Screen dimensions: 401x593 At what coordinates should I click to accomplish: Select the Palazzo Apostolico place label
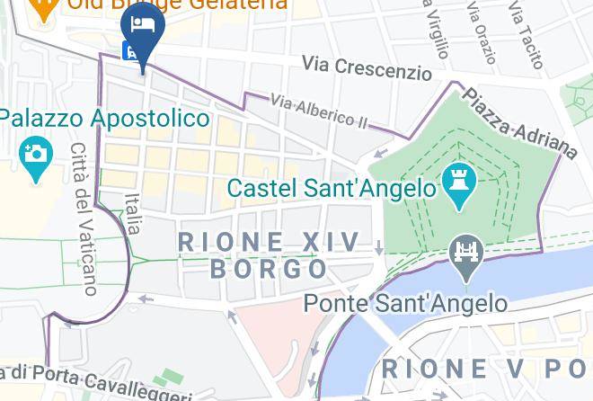pos(104,119)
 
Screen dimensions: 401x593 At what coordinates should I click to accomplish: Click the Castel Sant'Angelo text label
pos(332,189)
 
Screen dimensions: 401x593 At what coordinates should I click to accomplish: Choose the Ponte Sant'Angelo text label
pos(405,303)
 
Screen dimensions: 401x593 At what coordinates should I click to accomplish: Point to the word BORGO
pos(269,269)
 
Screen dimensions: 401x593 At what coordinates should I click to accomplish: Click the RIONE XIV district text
pos(269,242)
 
